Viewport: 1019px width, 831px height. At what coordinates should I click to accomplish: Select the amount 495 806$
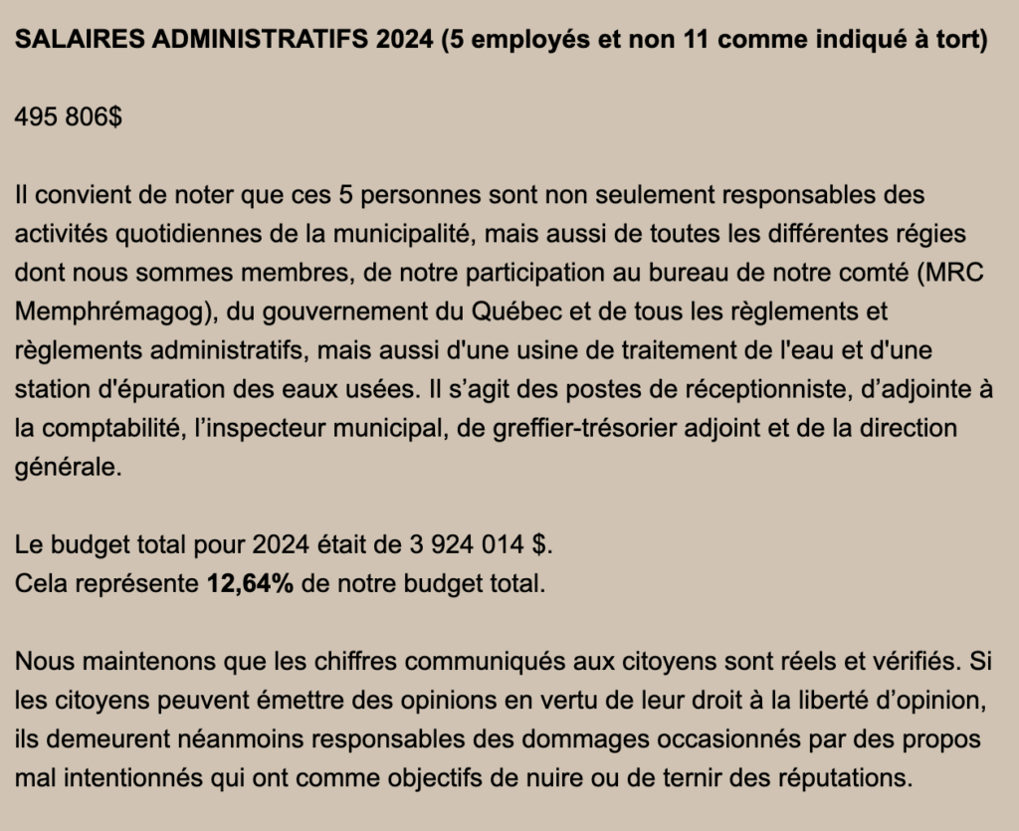click(x=69, y=116)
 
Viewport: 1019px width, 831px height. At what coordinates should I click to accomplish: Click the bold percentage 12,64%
click(x=249, y=583)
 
